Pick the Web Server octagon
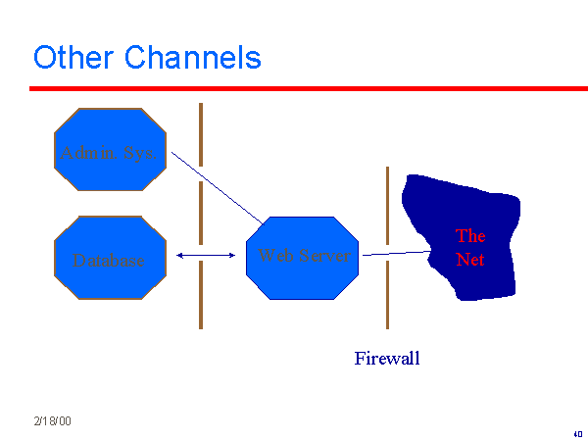[303, 257]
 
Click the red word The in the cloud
[470, 236]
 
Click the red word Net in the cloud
[470, 260]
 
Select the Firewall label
[387, 359]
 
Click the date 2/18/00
[51, 420]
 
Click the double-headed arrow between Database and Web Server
[206, 256]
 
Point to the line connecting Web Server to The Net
[397, 254]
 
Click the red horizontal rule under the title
[294, 88]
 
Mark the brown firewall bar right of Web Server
[387, 294]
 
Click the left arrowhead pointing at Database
[180, 256]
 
